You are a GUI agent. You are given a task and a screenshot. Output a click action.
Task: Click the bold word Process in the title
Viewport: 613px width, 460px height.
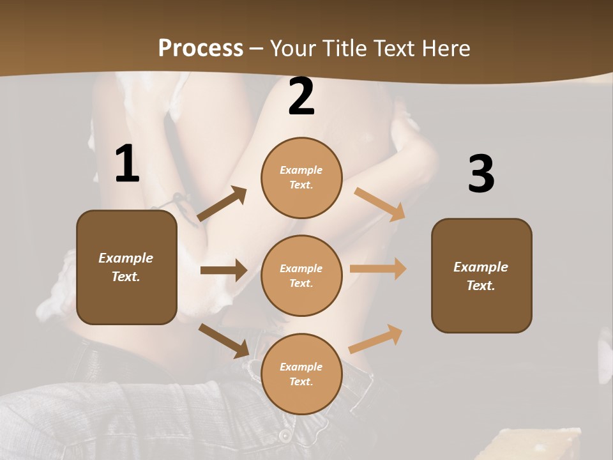click(x=201, y=48)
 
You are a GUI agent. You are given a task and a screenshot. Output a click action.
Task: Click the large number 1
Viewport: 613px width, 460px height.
click(x=127, y=164)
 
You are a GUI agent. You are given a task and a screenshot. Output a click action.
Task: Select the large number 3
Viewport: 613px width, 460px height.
click(x=481, y=174)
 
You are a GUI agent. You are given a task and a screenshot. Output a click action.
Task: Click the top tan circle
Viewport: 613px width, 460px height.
click(x=301, y=178)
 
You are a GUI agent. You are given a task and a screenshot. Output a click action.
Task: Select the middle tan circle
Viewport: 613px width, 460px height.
click(x=301, y=276)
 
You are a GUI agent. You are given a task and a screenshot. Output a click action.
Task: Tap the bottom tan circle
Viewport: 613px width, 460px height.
click(x=301, y=374)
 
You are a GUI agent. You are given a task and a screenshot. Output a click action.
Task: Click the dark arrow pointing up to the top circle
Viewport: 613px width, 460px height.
click(x=222, y=204)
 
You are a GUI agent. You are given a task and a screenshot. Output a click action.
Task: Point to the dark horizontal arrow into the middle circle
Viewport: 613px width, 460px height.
click(x=223, y=270)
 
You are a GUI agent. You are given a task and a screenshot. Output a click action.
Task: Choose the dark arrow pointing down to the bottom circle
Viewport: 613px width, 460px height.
click(x=224, y=341)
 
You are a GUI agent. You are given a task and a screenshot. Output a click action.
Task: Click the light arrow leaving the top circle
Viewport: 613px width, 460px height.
click(x=380, y=204)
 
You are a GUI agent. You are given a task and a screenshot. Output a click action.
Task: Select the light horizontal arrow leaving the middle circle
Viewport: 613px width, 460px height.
click(x=378, y=269)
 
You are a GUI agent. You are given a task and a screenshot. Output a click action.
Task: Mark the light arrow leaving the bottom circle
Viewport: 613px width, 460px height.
click(x=376, y=339)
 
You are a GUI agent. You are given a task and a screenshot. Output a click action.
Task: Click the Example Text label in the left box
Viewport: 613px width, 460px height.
click(x=126, y=267)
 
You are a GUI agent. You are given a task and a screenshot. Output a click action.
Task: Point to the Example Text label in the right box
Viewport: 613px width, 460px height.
click(x=481, y=276)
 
